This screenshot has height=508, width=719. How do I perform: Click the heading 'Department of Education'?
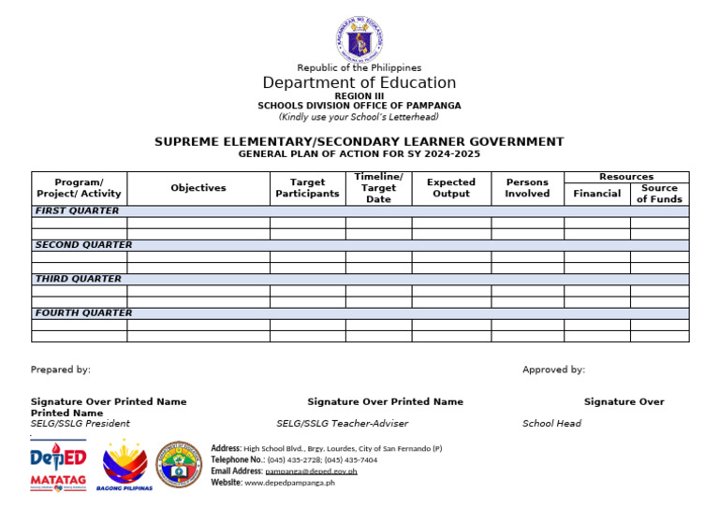[x=359, y=83]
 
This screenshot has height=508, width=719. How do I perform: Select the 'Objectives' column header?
[x=198, y=188]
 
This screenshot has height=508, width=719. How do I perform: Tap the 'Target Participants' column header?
[x=307, y=188]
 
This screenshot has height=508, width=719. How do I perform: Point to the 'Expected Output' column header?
[x=451, y=188]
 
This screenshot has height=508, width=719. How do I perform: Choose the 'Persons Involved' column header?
[x=527, y=188]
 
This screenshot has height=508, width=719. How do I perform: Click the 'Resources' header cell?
[x=626, y=177]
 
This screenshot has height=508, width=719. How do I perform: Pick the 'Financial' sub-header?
[x=597, y=194]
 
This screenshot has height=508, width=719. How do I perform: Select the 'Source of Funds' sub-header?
[x=659, y=194]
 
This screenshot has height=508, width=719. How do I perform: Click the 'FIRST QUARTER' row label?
[x=78, y=211]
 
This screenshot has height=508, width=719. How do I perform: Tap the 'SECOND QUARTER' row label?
[x=84, y=245]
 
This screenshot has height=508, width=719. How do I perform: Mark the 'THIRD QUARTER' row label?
[x=78, y=279]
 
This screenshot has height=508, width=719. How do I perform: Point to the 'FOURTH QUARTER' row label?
[x=84, y=313]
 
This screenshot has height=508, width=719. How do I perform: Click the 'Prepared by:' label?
[x=61, y=370]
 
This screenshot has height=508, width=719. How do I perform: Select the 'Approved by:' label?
[x=553, y=370]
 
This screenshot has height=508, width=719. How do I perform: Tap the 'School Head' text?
[x=551, y=424]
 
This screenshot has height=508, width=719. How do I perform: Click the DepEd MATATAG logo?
[x=58, y=466]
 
